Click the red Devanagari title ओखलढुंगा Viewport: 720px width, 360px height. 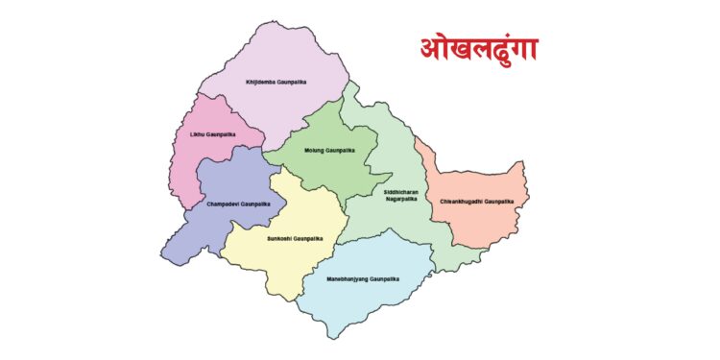[x=476, y=48]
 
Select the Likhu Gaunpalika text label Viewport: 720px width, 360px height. [x=212, y=135]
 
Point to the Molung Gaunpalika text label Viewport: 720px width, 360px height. [x=329, y=151]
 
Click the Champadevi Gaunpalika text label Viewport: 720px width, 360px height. [x=238, y=204]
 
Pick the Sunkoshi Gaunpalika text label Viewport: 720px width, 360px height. [x=295, y=238]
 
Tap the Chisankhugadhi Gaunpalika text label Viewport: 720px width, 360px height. [x=476, y=202]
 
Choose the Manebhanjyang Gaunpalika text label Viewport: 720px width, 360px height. [x=357, y=278]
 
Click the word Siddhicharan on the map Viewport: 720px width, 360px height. [x=396, y=193]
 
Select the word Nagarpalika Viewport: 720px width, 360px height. [x=396, y=200]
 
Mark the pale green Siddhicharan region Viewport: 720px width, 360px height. [x=384, y=230]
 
